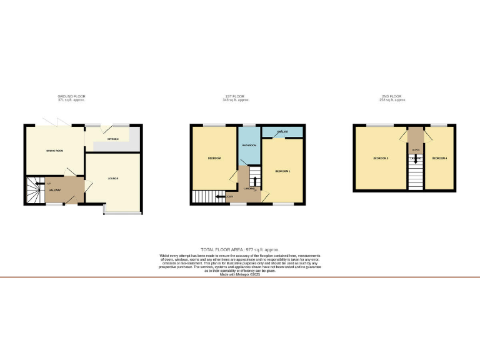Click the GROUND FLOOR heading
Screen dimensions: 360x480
point(71,96)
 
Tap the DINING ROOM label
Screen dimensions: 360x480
point(56,150)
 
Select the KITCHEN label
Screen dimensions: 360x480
point(113,139)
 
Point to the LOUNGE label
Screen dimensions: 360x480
point(113,179)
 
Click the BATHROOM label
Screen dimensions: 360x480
point(249,145)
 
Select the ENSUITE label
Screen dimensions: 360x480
point(282,131)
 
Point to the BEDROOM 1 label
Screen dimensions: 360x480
point(282,170)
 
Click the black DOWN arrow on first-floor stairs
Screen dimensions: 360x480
point(220,197)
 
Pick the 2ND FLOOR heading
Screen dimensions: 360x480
point(392,96)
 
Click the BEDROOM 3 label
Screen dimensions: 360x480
point(381,158)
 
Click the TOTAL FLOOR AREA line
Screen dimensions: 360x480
point(239,250)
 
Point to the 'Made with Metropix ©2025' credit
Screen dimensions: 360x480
point(240,274)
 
